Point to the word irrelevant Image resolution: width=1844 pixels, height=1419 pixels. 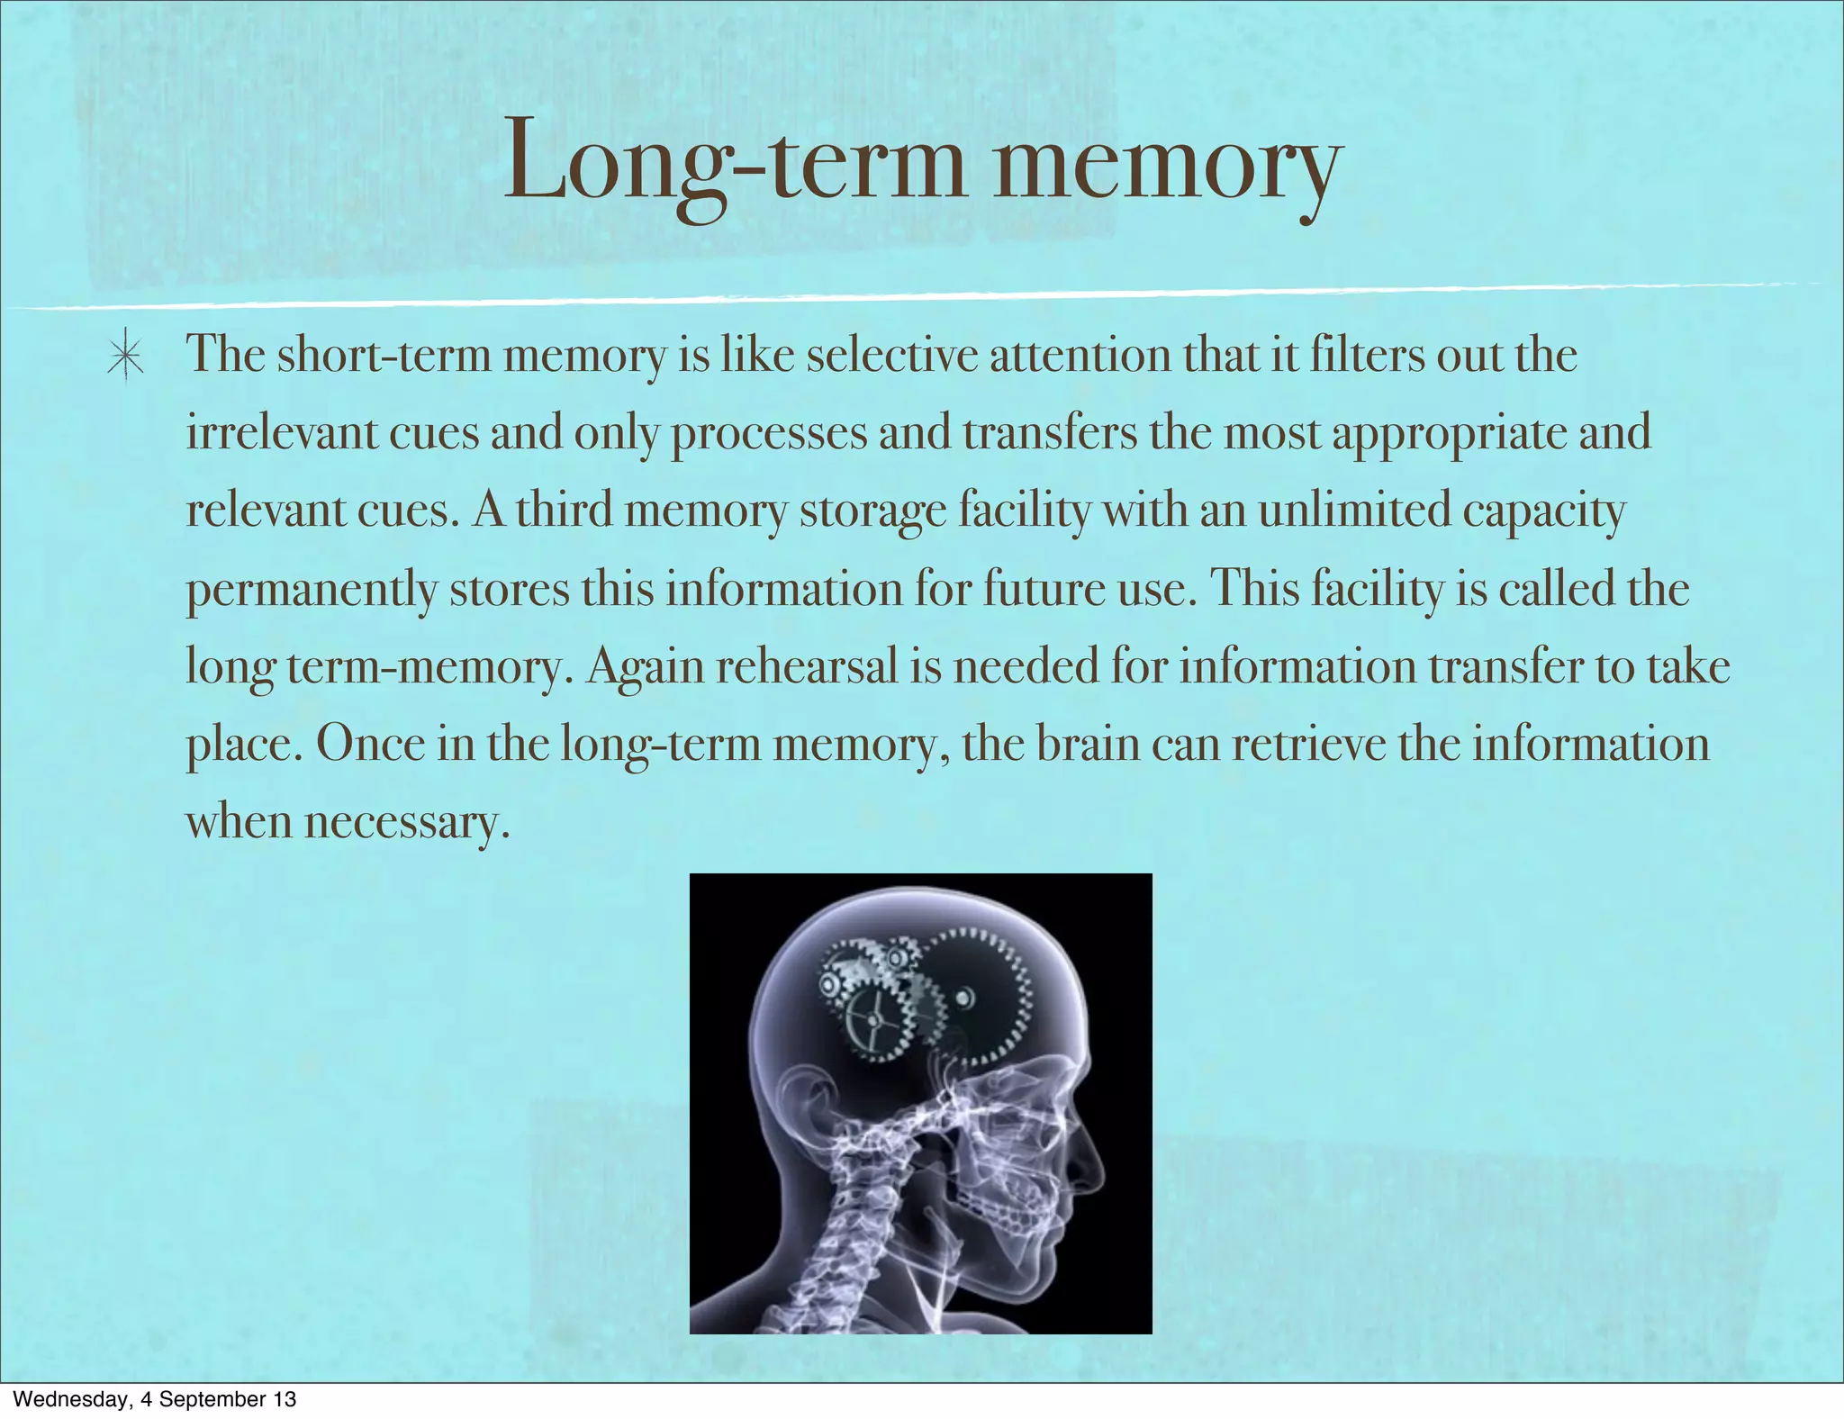coord(281,433)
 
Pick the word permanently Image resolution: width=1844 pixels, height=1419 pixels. coord(312,591)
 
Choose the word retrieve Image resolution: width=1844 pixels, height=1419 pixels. coord(1309,745)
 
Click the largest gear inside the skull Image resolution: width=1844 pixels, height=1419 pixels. coord(977,995)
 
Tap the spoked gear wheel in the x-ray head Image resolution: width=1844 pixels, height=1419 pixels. coord(872,1019)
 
